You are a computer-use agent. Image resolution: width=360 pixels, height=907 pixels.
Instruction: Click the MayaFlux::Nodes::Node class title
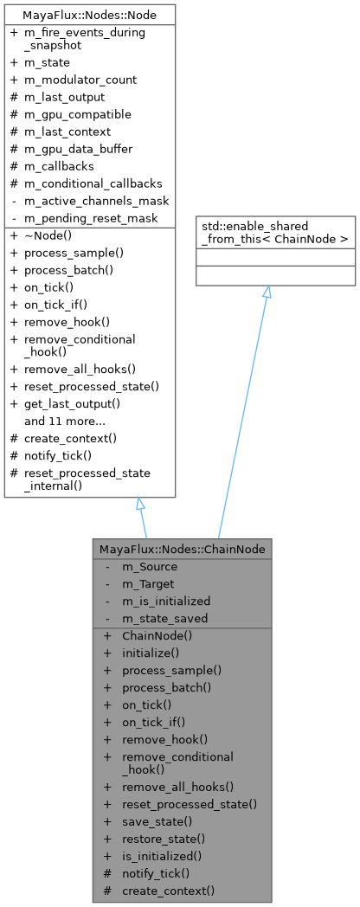tap(89, 14)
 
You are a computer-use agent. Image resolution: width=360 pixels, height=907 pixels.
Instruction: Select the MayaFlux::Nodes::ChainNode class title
tap(182, 549)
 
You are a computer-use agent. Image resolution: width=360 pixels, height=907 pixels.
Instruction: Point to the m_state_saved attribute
tap(164, 618)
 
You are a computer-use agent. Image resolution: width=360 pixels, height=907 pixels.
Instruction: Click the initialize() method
tap(150, 653)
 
